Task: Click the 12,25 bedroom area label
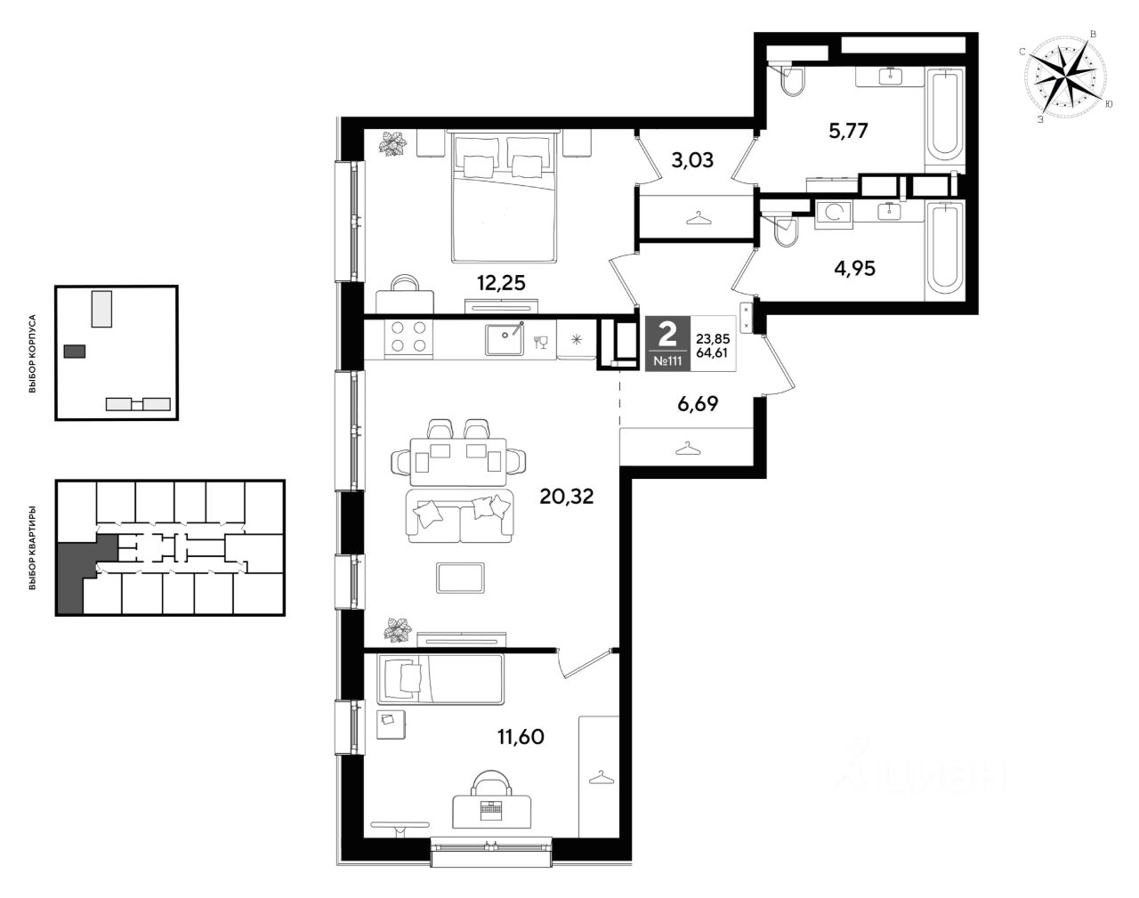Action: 501,283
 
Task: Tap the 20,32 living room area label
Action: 566,497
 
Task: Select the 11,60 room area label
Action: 521,737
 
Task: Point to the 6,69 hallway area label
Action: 698,404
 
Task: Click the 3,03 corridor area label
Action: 692,159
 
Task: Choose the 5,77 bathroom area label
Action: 848,130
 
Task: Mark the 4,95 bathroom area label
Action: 855,269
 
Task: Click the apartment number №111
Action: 667,361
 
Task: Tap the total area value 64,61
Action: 713,352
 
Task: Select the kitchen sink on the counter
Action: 505,339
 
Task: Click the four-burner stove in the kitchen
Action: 408,336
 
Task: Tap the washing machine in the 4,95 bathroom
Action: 834,214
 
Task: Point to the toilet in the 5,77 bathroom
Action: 791,79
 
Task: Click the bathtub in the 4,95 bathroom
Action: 945,250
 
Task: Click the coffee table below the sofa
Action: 460,578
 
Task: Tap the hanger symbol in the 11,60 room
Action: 602,777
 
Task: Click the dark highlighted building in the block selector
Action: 75,351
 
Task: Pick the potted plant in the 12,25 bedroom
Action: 392,143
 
